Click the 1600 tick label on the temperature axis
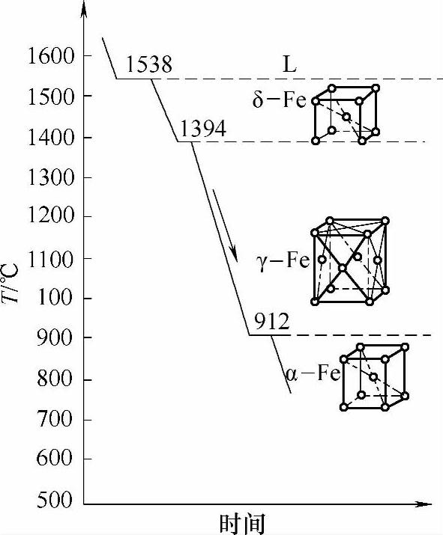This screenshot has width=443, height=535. (x=50, y=55)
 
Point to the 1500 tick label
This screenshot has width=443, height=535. (x=50, y=97)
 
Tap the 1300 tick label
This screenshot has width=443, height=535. (x=50, y=177)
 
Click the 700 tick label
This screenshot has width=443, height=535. (x=55, y=419)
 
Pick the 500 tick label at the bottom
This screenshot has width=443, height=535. (x=55, y=501)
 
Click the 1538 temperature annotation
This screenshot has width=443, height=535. (x=149, y=64)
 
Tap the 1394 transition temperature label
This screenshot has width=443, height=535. (x=203, y=129)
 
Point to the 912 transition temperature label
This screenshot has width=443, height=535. (x=272, y=322)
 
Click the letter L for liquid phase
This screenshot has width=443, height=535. (x=289, y=64)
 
